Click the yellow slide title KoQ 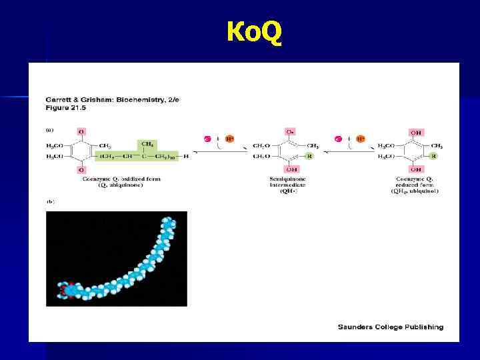coord(254,31)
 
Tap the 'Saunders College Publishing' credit coord(390,327)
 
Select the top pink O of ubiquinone coord(81,133)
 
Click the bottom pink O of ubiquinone coord(81,169)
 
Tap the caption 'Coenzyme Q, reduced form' coord(415,181)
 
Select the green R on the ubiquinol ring coord(433,156)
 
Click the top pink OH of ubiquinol coord(416,133)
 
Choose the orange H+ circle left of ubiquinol coord(359,139)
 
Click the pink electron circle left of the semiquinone coord(208,139)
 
